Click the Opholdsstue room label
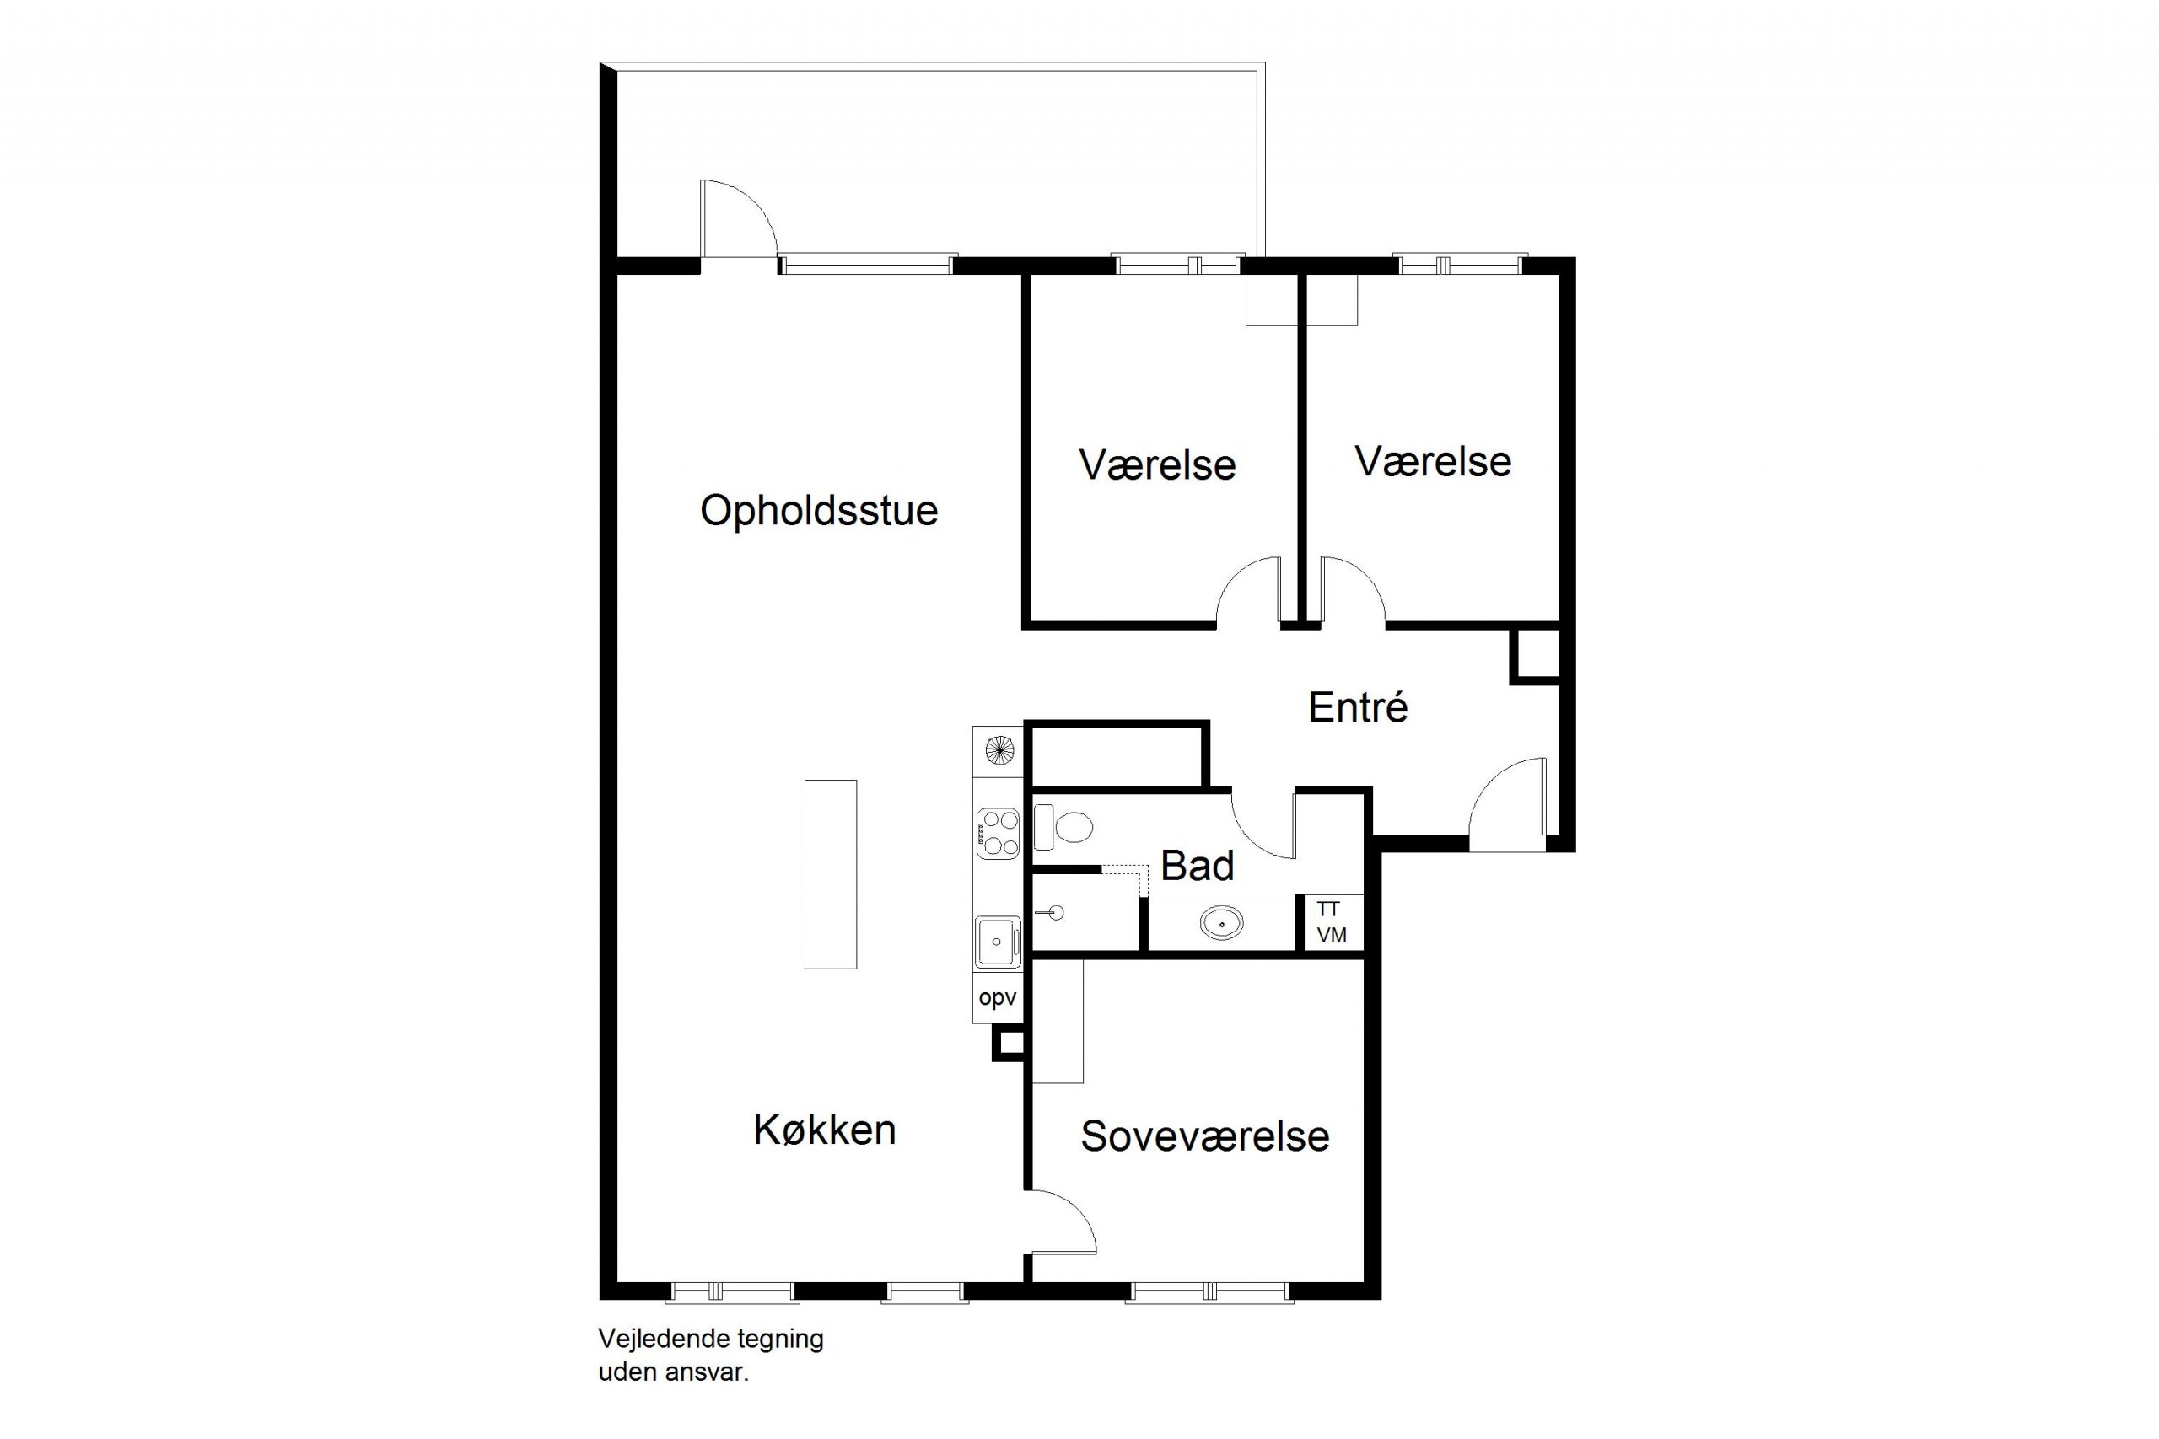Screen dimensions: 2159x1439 click(819, 511)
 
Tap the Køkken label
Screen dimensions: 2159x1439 click(824, 1130)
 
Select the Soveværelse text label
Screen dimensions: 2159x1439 click(1204, 1136)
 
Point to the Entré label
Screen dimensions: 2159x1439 click(1358, 706)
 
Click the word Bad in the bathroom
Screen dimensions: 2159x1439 click(1197, 866)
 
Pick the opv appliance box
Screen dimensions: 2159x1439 click(998, 997)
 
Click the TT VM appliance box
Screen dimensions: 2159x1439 click(1333, 922)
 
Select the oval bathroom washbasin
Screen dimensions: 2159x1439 click(1222, 922)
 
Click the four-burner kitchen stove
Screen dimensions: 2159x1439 click(998, 832)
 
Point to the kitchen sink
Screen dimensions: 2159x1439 click(998, 942)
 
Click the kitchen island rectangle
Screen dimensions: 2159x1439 click(831, 874)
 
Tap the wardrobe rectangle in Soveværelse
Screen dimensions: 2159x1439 click(1058, 1022)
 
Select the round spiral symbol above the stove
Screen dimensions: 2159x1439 click(999, 752)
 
